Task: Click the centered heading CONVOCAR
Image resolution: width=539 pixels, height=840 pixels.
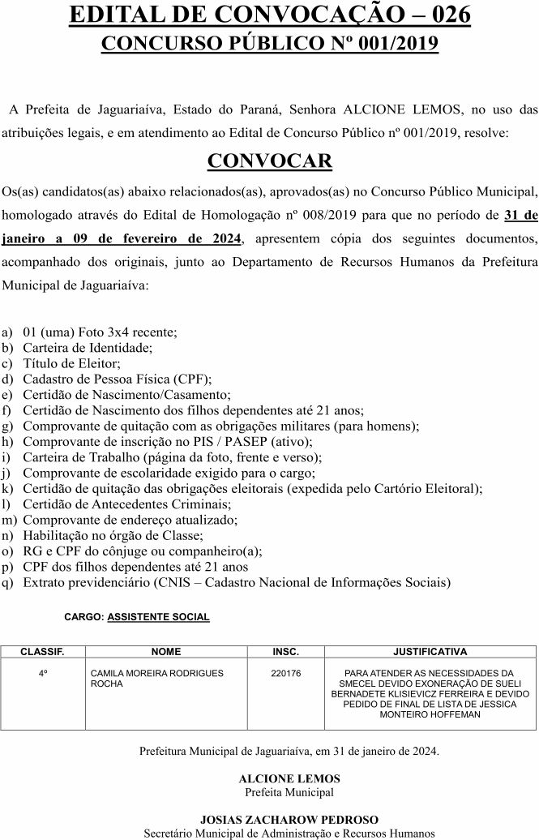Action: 269,160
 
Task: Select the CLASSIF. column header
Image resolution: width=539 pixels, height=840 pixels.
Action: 42,651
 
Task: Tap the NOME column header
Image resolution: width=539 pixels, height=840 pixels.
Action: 165,651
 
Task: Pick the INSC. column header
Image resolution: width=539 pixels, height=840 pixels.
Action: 285,651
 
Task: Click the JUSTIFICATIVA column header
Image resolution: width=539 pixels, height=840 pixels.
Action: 430,651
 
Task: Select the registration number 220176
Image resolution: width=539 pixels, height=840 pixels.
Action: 285,673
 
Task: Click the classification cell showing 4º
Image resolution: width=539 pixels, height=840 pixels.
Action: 42,673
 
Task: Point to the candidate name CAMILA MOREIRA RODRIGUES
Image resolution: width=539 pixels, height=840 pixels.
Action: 156,673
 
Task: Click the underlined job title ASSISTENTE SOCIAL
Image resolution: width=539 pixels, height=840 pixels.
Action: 158,617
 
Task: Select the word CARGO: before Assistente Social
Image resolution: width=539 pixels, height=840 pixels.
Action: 83,617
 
